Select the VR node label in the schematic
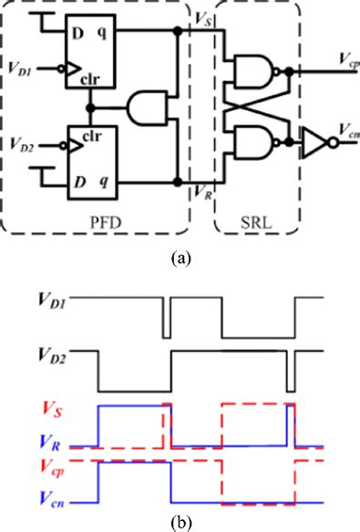pyautogui.click(x=202, y=192)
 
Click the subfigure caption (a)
pyautogui.click(x=180, y=258)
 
